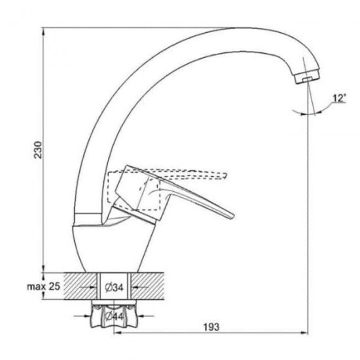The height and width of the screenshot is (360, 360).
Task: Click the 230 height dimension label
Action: coord(39,150)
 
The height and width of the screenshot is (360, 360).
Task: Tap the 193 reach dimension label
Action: coord(211,327)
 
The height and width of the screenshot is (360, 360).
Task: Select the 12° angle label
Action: coord(338,98)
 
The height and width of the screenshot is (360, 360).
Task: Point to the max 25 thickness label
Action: coord(44,286)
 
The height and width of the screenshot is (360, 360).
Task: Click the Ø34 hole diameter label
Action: coord(114,287)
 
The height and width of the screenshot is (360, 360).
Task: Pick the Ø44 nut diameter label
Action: coord(114,317)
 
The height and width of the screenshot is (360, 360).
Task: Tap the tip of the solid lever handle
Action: coord(234,215)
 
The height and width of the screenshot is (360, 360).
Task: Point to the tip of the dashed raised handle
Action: coord(226,175)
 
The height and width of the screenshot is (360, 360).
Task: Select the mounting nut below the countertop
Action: coord(114,315)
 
